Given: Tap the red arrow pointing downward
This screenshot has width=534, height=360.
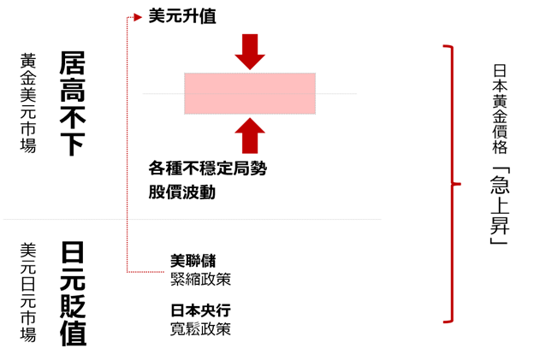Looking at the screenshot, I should [250, 51].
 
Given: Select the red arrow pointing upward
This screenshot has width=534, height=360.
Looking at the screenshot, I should [250, 136].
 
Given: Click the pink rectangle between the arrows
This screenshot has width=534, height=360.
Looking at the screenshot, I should [250, 93].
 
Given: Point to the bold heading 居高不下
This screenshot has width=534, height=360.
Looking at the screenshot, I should [73, 103].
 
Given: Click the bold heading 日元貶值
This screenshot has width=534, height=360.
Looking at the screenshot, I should [73, 293].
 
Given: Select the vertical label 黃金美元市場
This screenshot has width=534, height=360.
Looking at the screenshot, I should [28, 103].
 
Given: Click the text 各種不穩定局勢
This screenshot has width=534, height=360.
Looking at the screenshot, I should [208, 169].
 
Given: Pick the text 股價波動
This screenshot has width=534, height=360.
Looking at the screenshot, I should [181, 192].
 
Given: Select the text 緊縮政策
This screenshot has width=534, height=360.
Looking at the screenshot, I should [200, 279].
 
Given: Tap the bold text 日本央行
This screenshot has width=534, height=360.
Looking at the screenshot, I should [200, 310].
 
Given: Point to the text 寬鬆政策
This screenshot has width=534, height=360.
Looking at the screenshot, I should [200, 328].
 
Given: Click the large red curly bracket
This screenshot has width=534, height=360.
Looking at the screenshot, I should [450, 184].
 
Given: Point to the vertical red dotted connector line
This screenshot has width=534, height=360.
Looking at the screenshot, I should [128, 145].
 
